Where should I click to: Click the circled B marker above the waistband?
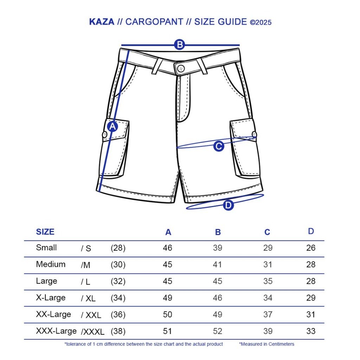point(180,45)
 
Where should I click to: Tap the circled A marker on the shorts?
point(112,127)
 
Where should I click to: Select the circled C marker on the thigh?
point(219,146)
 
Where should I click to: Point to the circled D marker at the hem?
point(229,205)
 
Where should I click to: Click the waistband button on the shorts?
point(181,68)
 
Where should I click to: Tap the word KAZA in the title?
point(102,22)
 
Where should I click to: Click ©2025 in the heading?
point(261,22)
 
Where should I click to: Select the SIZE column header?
point(45,232)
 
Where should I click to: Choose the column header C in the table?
point(267,232)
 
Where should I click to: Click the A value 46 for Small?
point(168,248)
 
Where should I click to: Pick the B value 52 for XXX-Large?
point(218,331)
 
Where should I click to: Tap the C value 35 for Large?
point(268,281)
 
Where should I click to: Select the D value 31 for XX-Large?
point(311,314)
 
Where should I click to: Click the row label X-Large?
point(51,298)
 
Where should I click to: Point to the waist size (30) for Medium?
point(118,265)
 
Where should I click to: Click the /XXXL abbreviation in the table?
point(93,332)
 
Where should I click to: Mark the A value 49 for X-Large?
point(168,298)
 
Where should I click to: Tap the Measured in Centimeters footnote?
point(267,344)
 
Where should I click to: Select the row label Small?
point(46,247)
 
